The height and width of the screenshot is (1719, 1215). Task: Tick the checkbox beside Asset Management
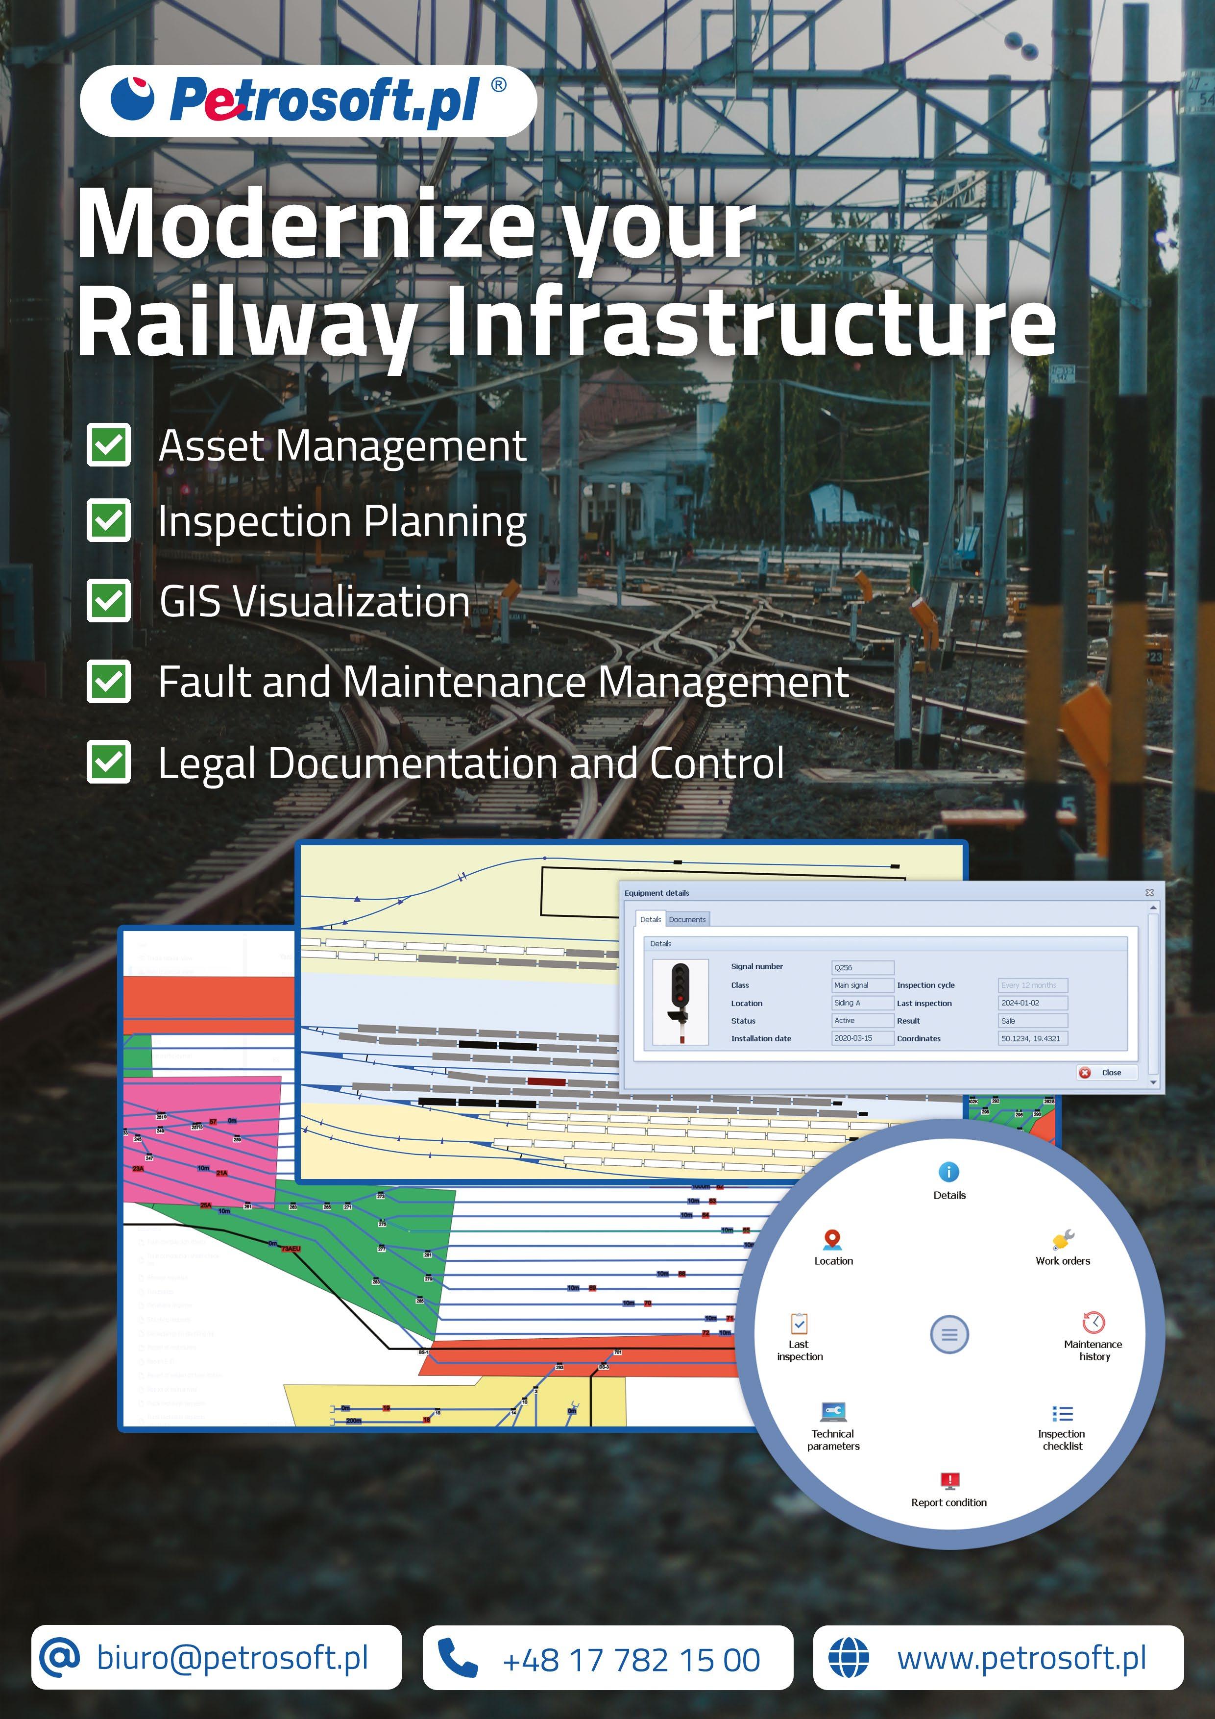109,445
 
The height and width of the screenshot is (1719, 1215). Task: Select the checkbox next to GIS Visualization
109,600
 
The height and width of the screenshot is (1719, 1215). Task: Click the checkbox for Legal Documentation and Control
109,761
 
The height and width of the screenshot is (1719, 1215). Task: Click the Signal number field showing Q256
862,967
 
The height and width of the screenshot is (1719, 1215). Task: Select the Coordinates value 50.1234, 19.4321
1032,1038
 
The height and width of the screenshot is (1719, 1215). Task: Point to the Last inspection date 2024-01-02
1032,1003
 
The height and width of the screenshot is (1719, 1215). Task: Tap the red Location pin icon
832,1240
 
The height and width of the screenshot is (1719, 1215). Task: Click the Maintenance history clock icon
1093,1322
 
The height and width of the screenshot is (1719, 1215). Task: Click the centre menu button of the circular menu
949,1334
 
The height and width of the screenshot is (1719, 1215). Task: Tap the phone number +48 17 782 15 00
631,1660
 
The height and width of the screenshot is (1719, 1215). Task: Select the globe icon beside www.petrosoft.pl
849,1658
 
